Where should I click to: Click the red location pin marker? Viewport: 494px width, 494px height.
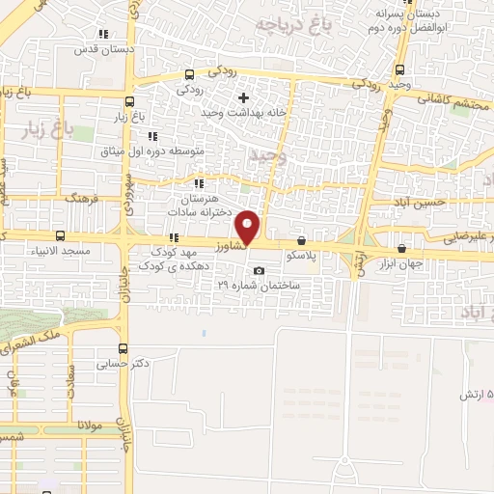coord(249,228)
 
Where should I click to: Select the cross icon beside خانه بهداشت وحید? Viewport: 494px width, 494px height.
coord(243,97)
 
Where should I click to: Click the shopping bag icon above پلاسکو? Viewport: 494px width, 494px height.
coord(302,241)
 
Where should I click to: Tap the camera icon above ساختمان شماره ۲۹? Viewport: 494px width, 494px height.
coord(258,270)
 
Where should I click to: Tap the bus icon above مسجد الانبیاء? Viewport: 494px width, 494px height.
coord(61,235)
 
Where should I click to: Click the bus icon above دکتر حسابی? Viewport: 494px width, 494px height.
coord(123,349)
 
